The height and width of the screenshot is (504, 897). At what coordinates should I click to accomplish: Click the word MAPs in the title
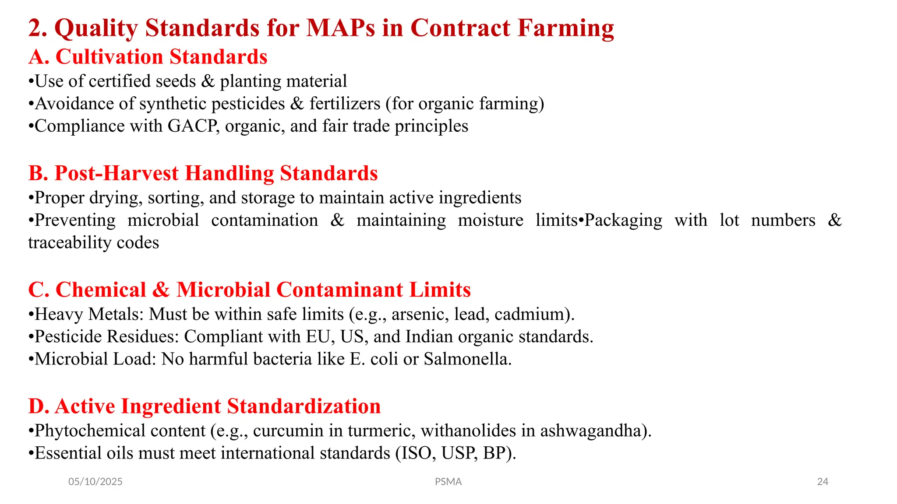(340, 28)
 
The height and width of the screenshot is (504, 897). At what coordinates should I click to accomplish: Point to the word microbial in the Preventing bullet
(163, 220)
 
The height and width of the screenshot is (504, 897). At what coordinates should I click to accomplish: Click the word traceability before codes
(64, 242)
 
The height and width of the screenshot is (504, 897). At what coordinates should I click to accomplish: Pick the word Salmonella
(466, 359)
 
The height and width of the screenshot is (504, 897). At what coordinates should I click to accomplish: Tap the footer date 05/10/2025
(95, 482)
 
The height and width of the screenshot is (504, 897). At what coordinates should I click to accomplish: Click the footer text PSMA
(448, 482)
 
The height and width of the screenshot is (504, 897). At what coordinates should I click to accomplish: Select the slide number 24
(823, 482)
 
